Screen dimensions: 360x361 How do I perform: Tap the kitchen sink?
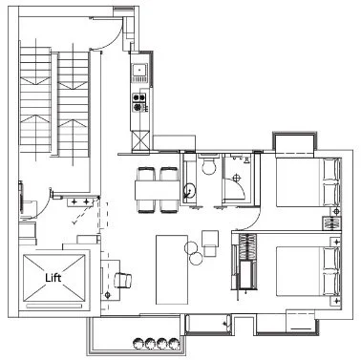point(139,70)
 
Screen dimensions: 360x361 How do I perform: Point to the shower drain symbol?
point(237,179)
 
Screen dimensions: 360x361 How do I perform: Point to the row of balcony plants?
point(155,342)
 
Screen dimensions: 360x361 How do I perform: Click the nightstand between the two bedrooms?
point(330,222)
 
